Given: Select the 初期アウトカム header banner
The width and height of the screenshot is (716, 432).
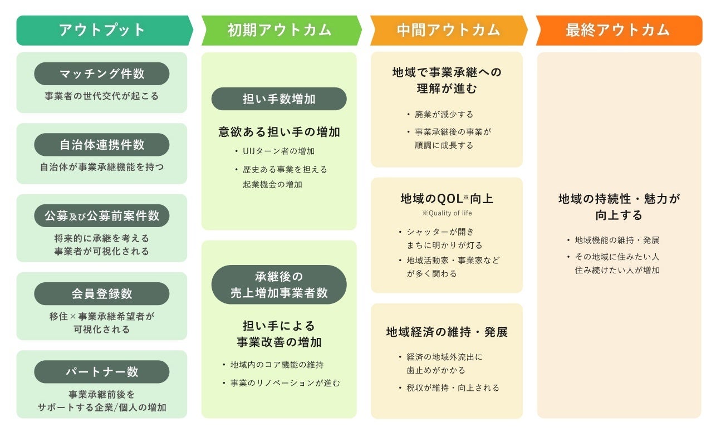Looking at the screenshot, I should click(x=279, y=30).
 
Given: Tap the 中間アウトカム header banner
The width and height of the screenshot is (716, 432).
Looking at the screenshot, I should click(x=448, y=30).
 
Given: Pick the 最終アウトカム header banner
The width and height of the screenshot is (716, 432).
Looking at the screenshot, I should click(x=617, y=30).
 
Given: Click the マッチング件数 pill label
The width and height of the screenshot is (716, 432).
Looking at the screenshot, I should click(x=102, y=73).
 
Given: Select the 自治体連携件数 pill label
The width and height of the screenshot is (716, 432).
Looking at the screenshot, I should click(x=102, y=145).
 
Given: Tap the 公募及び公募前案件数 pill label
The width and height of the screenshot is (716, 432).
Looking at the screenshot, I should click(x=102, y=216).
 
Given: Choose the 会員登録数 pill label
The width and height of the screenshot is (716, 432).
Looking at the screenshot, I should click(x=102, y=293).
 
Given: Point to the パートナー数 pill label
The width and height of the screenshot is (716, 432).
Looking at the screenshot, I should click(x=102, y=372).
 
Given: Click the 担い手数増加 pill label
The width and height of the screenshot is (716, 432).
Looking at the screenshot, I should click(x=279, y=99).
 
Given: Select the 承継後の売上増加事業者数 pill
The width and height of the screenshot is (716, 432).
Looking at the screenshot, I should click(x=279, y=284).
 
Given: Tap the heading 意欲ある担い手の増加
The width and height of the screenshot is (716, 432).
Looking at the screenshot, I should click(x=279, y=132).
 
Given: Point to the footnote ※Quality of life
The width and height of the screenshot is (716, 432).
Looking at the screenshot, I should click(x=447, y=213).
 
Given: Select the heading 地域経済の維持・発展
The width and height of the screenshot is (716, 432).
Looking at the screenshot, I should click(x=447, y=332).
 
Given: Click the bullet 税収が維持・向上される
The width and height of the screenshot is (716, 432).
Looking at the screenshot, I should click(x=453, y=388).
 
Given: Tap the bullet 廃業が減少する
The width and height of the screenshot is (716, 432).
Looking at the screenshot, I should click(x=444, y=115).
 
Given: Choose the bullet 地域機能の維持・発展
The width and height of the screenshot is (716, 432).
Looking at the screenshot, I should click(x=617, y=240).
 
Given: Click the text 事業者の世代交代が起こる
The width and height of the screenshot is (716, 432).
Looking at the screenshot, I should click(x=102, y=96).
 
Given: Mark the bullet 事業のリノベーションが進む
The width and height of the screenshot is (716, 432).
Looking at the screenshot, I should click(x=285, y=383).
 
